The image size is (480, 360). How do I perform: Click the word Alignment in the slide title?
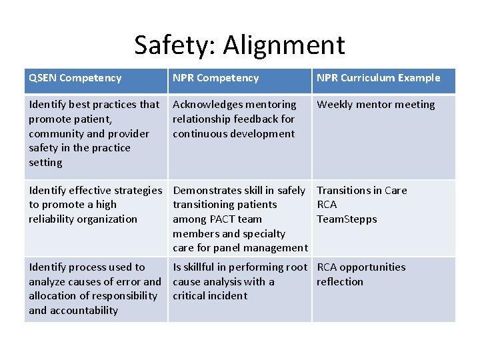point(284,45)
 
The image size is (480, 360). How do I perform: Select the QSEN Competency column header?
point(75,78)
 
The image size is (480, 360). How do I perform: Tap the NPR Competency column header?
point(215,78)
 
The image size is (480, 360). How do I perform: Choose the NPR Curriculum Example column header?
point(378,78)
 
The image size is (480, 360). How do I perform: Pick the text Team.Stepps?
point(347,219)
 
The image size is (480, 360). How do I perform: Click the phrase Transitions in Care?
point(361,191)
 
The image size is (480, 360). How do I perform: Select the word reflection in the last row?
point(340,282)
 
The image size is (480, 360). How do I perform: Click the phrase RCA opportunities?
point(361,267)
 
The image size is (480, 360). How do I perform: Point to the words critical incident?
point(209,296)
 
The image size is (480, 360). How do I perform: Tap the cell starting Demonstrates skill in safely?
point(239,219)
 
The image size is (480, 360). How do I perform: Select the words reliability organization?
point(83,219)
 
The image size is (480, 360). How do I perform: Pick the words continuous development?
point(233,134)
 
